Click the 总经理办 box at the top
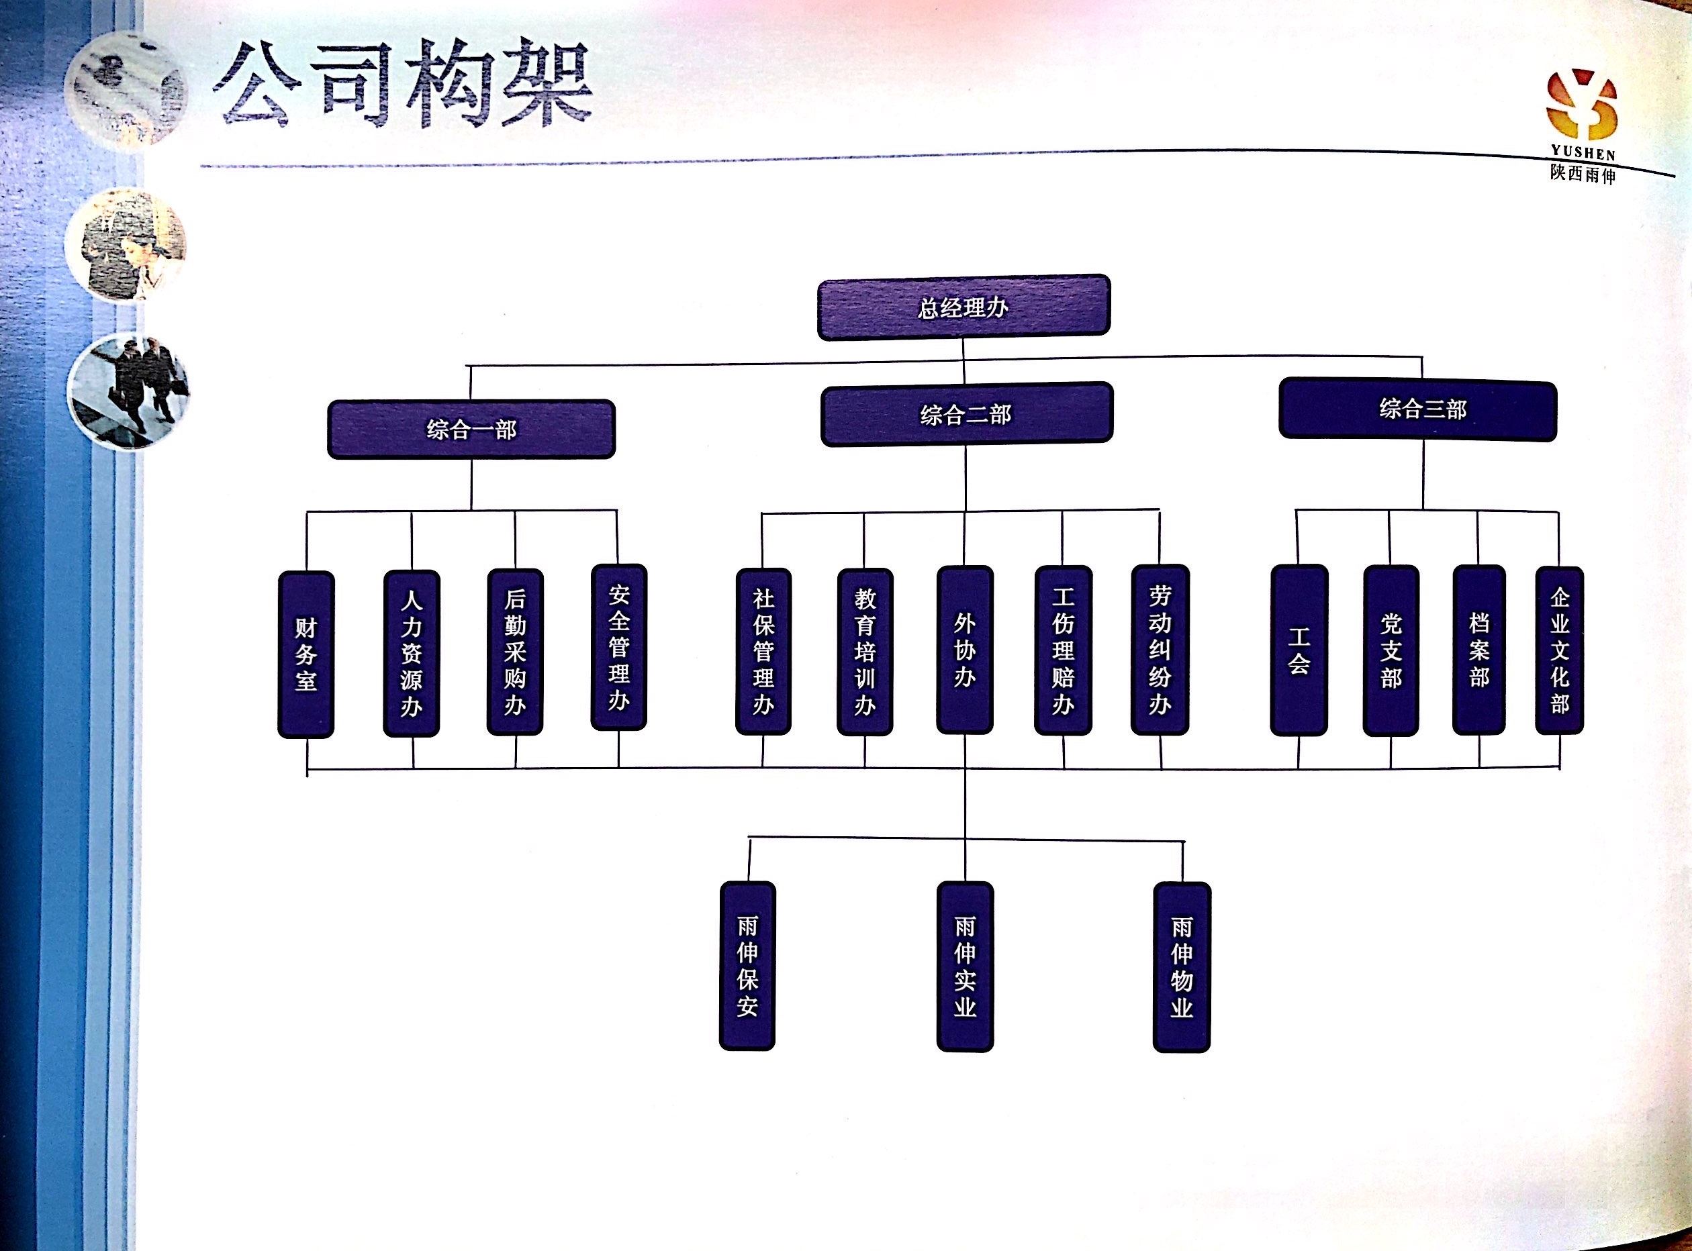pos(963,307)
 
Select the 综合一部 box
pos(471,430)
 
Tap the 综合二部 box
pos(966,414)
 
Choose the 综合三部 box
pos(1417,409)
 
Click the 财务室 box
pos(306,654)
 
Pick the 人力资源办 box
pos(412,654)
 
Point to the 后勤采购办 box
pos(515,652)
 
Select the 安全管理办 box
pos(619,648)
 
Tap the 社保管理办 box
pos(763,652)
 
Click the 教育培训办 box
pos(865,652)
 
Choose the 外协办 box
pos(965,650)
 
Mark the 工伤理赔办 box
pos(1064,650)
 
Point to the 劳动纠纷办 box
pos(1160,650)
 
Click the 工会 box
pos(1299,650)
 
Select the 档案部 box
pos(1479,650)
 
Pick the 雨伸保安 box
pos(747,966)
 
